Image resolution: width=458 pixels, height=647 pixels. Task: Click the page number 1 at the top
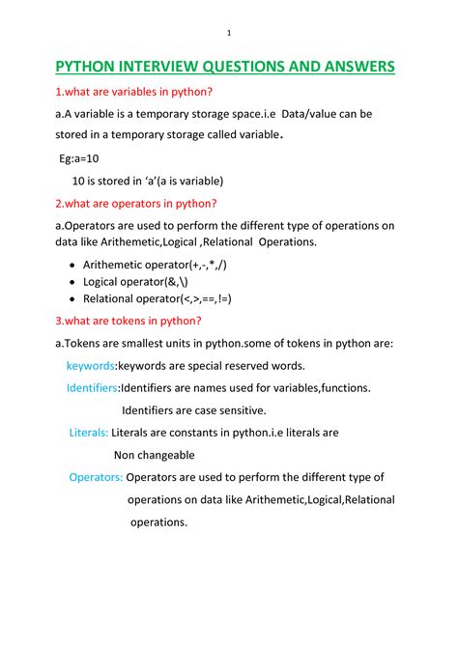[229, 34]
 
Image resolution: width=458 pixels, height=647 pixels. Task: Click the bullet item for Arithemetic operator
[155, 264]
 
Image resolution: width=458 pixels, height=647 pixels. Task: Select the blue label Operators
[96, 477]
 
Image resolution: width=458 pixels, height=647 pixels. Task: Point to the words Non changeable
[155, 455]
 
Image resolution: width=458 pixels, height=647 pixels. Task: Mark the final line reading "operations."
[158, 521]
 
